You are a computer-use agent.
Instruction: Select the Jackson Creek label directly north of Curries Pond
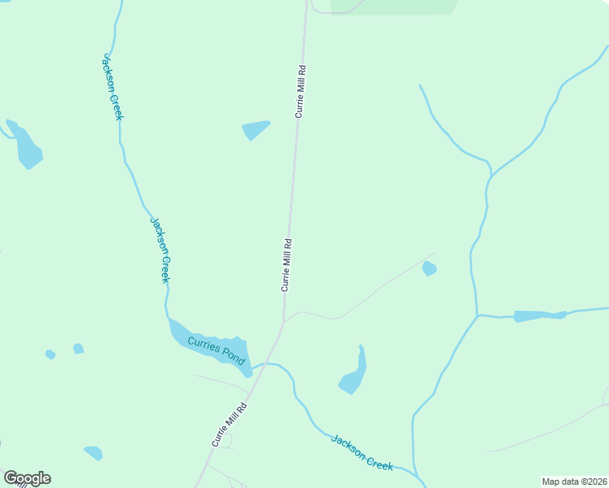161,250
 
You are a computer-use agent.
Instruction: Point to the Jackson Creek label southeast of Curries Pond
362,451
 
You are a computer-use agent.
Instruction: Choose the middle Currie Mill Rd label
287,264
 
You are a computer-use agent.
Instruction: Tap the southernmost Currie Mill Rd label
230,424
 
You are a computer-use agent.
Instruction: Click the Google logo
27,478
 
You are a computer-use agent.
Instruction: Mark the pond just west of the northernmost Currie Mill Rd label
255,129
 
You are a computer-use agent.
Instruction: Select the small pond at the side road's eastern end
429,268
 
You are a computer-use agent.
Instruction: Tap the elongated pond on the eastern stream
539,316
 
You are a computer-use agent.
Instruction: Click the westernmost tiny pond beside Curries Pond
50,355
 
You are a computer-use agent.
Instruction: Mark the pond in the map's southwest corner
94,452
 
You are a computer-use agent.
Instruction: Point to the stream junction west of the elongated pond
478,315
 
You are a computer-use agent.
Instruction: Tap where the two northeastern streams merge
490,175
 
